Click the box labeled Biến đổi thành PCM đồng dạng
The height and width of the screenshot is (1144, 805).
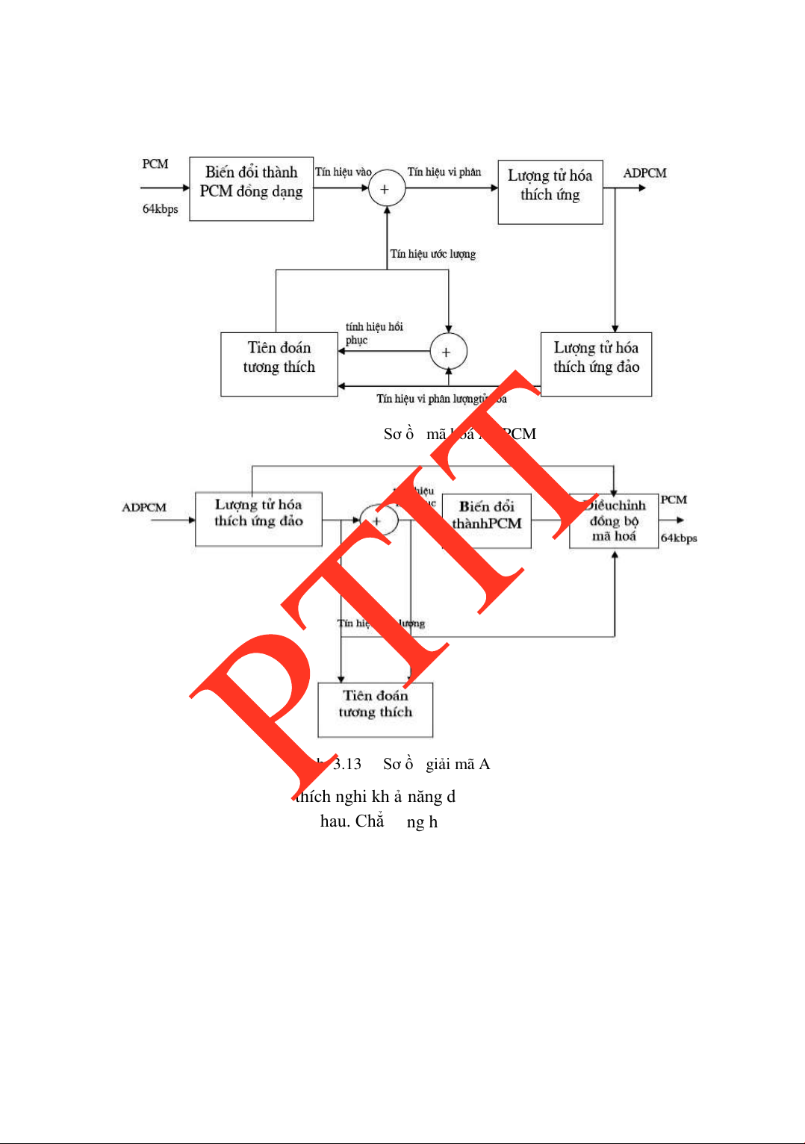(x=251, y=189)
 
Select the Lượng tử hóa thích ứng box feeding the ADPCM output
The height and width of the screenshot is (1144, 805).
(x=550, y=192)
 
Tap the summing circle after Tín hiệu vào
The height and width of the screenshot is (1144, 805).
(x=386, y=189)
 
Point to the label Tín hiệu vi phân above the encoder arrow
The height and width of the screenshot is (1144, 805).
(x=444, y=172)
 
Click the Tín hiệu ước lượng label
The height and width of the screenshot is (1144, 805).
(x=432, y=254)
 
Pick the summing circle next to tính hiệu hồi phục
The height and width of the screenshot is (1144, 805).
(x=448, y=352)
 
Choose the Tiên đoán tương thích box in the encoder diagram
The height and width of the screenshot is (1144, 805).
(x=279, y=364)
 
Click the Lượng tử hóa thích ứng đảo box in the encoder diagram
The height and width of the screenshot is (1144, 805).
(x=596, y=364)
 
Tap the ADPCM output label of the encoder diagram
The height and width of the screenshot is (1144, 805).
(x=644, y=173)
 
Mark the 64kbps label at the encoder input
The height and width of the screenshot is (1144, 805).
(x=160, y=209)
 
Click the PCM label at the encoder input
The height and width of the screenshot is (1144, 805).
(x=155, y=164)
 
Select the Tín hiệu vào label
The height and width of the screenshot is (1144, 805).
(x=343, y=172)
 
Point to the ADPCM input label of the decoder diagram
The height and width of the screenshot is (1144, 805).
(x=144, y=508)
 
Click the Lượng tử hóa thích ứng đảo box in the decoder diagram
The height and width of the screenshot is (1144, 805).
(x=258, y=519)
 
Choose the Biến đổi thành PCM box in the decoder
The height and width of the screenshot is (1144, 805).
(x=486, y=520)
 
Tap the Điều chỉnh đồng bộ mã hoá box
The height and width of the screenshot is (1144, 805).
(x=614, y=520)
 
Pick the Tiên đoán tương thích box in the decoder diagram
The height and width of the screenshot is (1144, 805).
(x=375, y=709)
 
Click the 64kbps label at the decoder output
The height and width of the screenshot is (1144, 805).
(x=678, y=538)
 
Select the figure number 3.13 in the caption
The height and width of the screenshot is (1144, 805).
(x=346, y=764)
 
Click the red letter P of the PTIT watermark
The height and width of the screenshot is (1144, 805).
(x=261, y=694)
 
